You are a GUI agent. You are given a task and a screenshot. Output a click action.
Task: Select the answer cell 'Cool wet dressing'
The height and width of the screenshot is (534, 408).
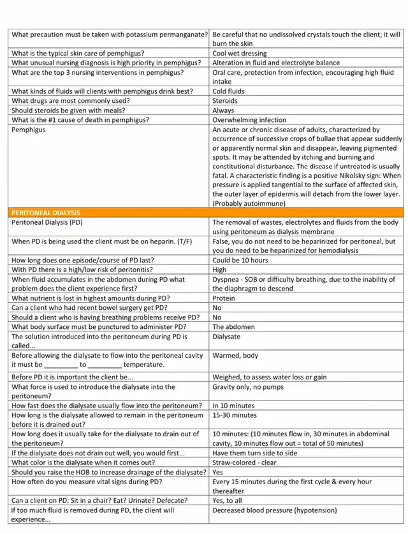coord(240,54)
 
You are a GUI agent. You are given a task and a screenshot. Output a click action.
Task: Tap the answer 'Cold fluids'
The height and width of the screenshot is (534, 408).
coord(228,91)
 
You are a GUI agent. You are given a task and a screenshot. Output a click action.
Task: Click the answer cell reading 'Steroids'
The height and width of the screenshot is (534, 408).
coord(225,101)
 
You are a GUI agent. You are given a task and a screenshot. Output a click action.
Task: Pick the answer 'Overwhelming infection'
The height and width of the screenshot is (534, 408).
coord(249,120)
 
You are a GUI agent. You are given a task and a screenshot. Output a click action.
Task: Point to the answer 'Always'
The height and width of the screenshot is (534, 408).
coord(223,111)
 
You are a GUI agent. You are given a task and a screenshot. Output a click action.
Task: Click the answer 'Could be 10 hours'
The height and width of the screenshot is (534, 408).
coord(240,261)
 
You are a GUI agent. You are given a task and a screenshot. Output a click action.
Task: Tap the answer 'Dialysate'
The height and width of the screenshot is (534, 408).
coord(226,336)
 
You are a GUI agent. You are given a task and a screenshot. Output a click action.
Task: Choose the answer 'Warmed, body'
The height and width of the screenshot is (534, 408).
coord(235,355)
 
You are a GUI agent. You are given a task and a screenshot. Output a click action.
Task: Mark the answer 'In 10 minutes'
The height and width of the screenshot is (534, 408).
coord(233,406)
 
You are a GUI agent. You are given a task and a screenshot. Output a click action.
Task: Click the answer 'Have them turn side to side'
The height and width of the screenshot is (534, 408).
coord(255,453)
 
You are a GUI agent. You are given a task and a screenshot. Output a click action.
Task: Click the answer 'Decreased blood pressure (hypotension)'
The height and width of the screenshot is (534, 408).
coord(276,510)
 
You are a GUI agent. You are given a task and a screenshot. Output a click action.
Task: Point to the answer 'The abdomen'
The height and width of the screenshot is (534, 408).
coord(233,327)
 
